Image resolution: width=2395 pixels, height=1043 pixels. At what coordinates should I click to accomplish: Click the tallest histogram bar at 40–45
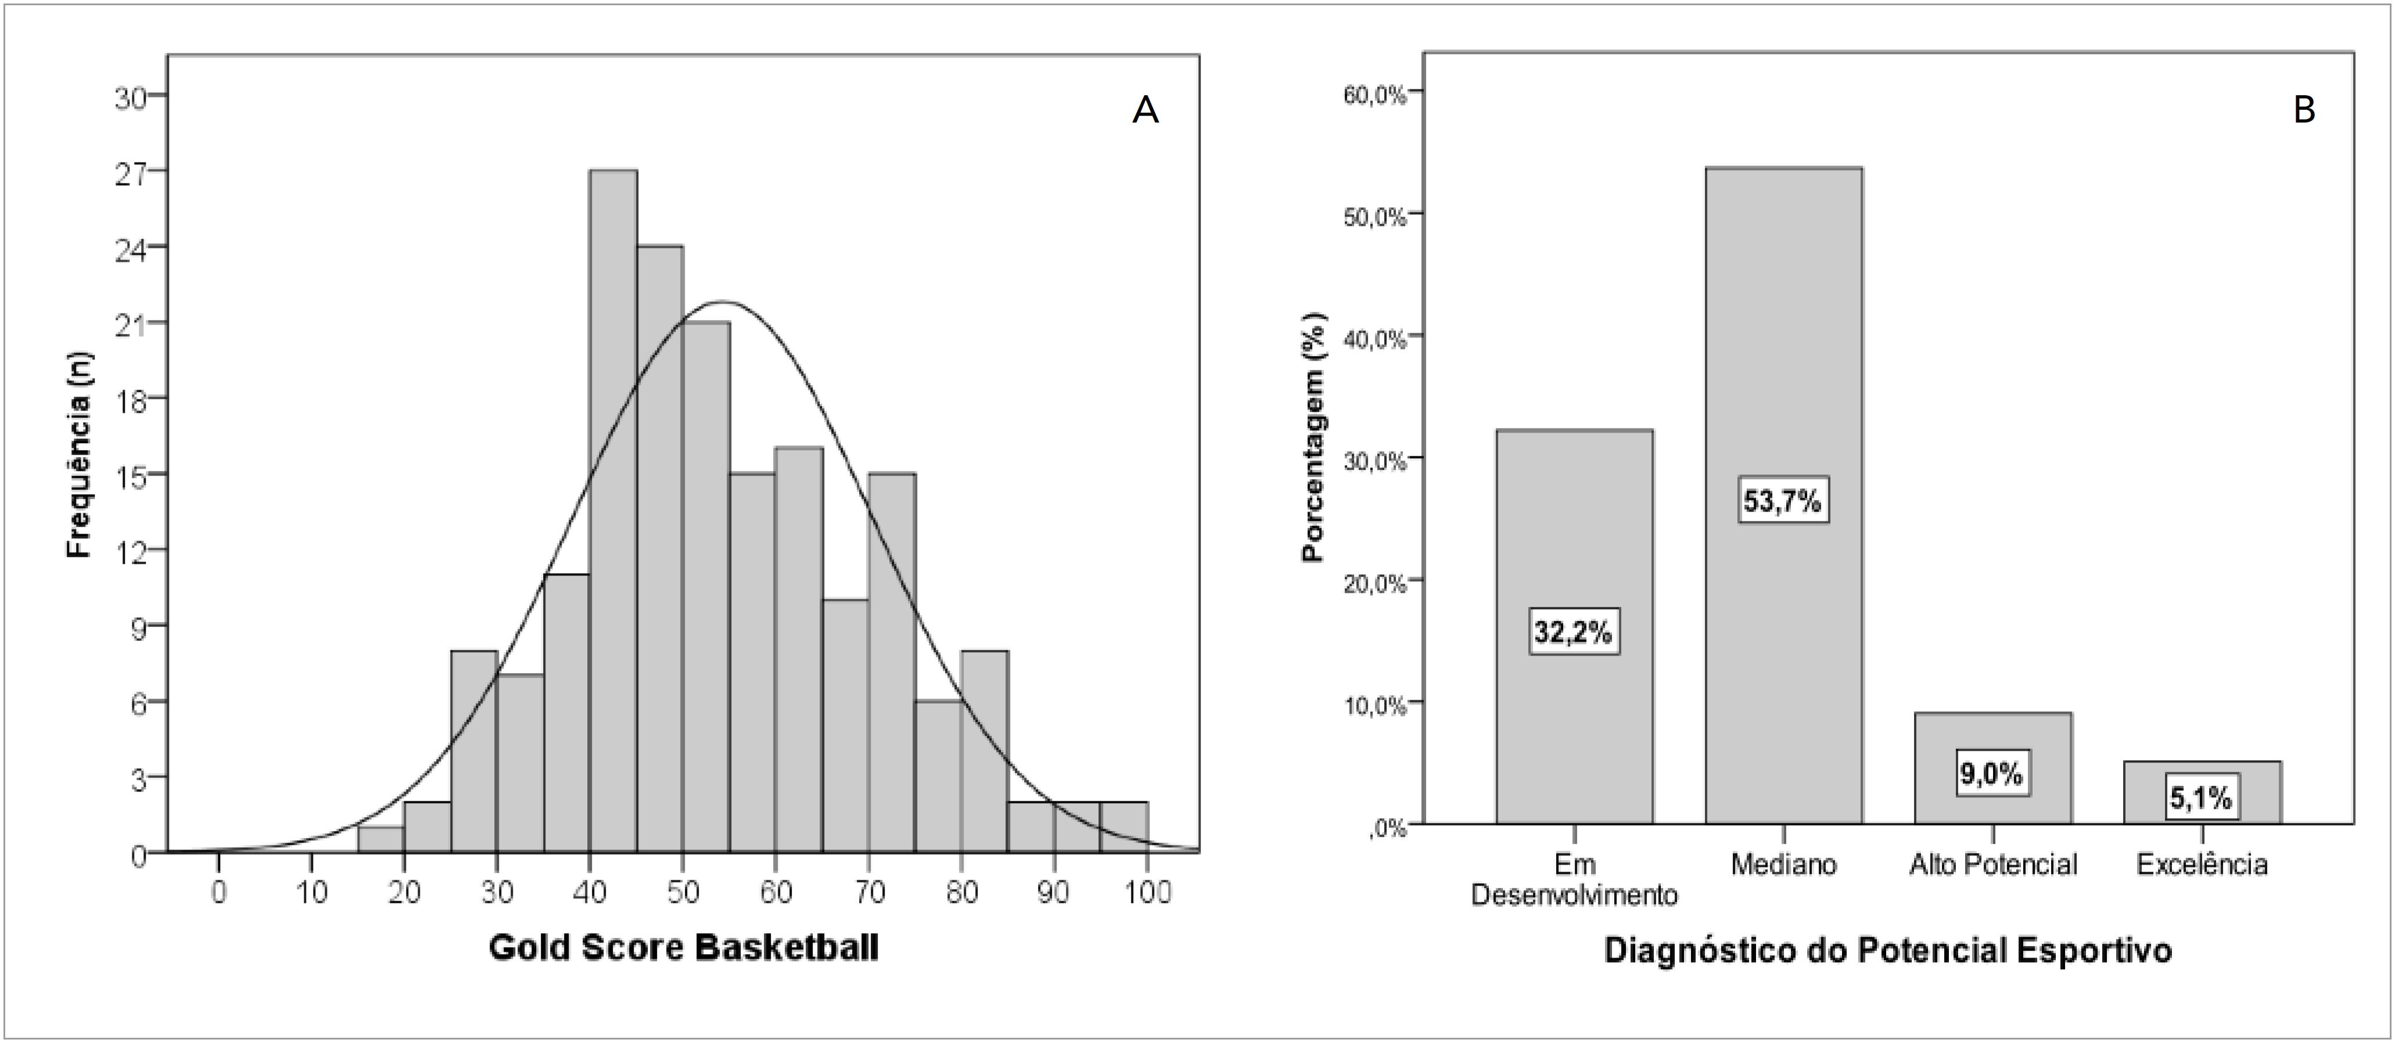pyautogui.click(x=613, y=511)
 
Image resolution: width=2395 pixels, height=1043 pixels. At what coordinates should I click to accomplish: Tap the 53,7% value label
pyautogui.click(x=1782, y=501)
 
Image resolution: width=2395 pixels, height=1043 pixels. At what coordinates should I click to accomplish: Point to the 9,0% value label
pyautogui.click(x=1991, y=774)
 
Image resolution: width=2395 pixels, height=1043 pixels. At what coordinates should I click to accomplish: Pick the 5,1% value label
pyautogui.click(x=2200, y=797)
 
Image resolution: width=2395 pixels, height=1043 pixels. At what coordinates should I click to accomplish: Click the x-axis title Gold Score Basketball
pyautogui.click(x=683, y=949)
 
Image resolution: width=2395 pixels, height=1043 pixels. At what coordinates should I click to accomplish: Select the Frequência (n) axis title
pyautogui.click(x=80, y=455)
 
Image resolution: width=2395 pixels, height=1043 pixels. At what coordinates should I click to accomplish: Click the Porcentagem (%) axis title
pyautogui.click(x=1313, y=436)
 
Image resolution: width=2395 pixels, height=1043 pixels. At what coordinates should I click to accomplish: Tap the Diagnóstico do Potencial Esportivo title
pyautogui.click(x=1887, y=951)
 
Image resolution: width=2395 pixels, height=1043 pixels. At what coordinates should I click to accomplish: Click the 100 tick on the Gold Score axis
pyautogui.click(x=1147, y=893)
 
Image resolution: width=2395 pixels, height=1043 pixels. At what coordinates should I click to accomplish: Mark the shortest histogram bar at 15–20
pyautogui.click(x=381, y=839)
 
